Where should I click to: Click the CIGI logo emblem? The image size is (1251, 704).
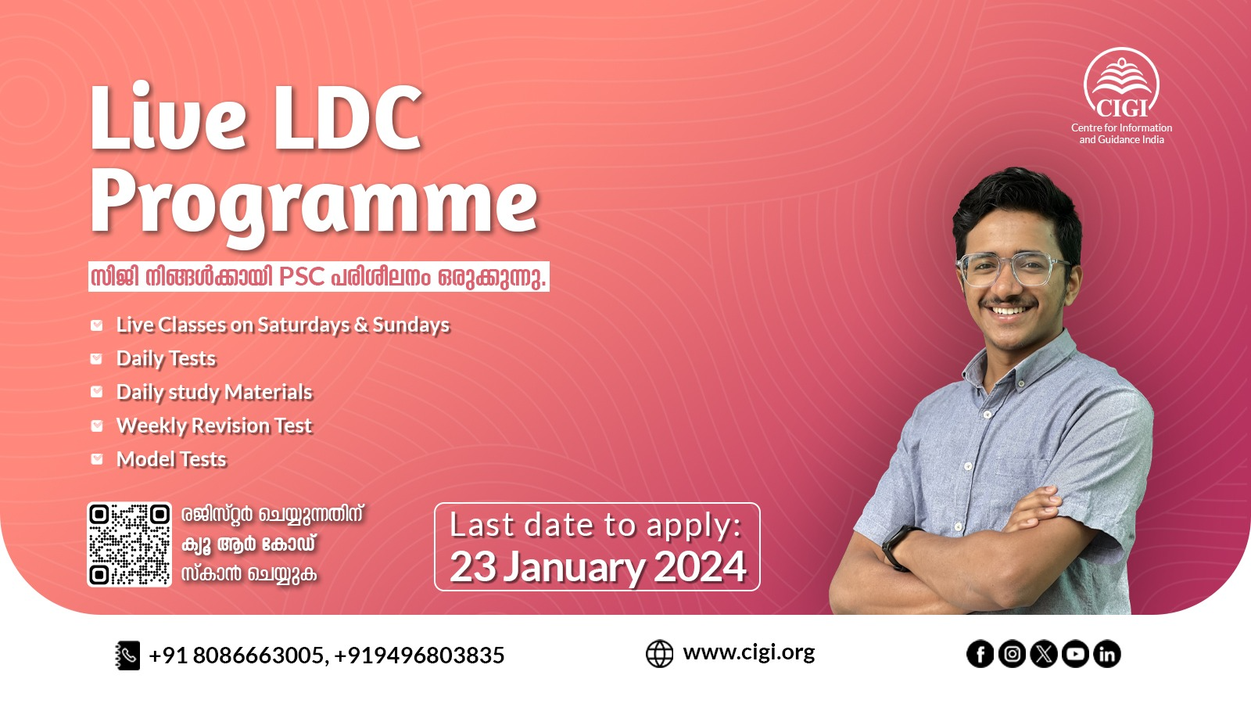pyautogui.click(x=1121, y=83)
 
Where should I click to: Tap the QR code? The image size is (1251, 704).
pyautogui.click(x=130, y=544)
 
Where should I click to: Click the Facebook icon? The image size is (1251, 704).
pyautogui.click(x=980, y=654)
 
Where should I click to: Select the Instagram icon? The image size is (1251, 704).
pyautogui.click(x=1012, y=654)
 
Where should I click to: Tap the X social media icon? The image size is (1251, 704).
pyautogui.click(x=1044, y=654)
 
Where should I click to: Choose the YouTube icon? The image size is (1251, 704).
pyautogui.click(x=1076, y=654)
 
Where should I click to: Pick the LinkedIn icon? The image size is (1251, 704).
pyautogui.click(x=1107, y=654)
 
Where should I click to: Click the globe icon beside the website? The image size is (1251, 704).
pyautogui.click(x=660, y=654)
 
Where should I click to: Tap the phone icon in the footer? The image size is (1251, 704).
pyautogui.click(x=127, y=656)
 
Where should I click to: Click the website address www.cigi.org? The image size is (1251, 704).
pyautogui.click(x=749, y=652)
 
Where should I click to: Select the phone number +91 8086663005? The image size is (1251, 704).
pyautogui.click(x=235, y=656)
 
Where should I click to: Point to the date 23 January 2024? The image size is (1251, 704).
pyautogui.click(x=598, y=567)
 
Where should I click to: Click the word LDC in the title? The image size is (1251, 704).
pyautogui.click(x=347, y=119)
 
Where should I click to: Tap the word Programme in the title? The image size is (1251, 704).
pyautogui.click(x=314, y=206)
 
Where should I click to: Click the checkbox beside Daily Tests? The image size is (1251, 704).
pyautogui.click(x=97, y=359)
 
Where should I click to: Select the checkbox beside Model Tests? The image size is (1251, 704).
pyautogui.click(x=97, y=459)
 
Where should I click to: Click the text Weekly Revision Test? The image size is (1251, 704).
pyautogui.click(x=214, y=426)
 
